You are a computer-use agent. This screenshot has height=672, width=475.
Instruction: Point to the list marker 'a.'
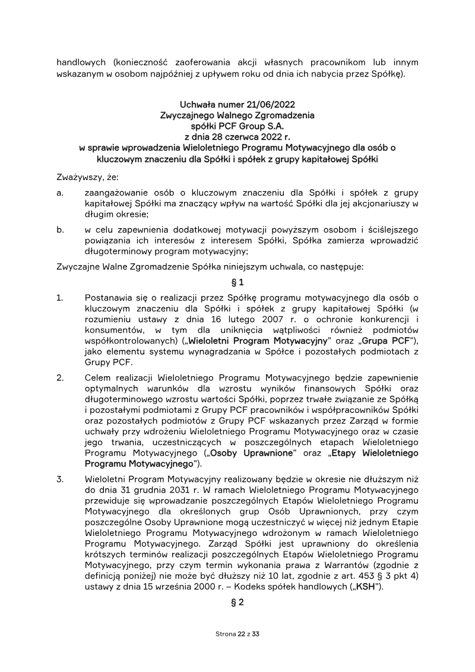coord(60,193)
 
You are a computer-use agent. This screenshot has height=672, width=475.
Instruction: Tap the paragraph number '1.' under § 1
coord(60,296)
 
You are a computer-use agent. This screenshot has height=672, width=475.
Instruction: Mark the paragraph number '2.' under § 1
coord(60,377)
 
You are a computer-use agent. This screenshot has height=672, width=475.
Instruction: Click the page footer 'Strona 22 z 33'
coord(237,634)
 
